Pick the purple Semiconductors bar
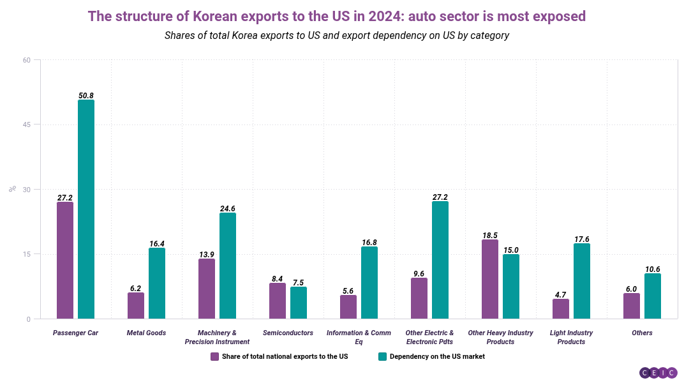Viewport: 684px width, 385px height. click(278, 301)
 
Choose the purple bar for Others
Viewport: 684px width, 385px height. click(632, 306)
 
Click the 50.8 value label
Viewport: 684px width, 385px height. click(86, 96)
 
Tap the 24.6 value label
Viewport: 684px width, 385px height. click(228, 209)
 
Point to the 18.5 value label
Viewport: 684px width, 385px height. click(490, 236)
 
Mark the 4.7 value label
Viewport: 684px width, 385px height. click(561, 295)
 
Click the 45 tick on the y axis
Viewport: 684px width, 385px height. click(26, 125)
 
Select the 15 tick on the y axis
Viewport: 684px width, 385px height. click(26, 254)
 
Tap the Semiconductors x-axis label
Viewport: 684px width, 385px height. click(288, 333)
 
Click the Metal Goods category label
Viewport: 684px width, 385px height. click(146, 333)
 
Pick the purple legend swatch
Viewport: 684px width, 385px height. click(214, 356)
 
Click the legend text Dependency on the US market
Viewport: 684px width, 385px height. click(437, 356)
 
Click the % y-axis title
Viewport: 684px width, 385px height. click(12, 189)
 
